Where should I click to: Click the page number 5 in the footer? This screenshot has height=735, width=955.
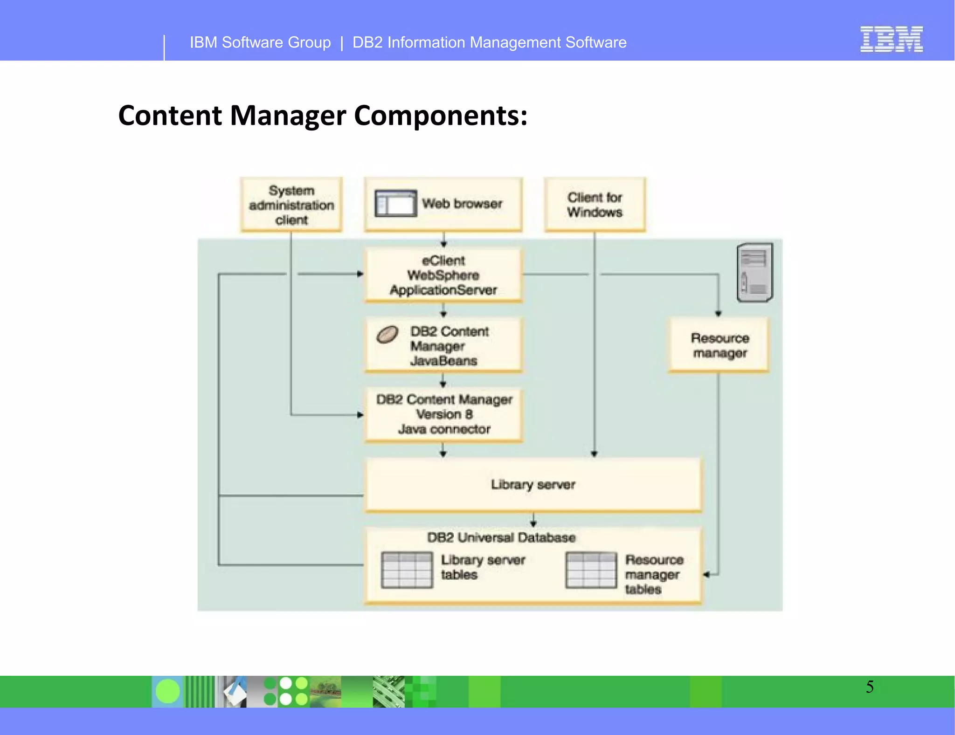pyautogui.click(x=870, y=687)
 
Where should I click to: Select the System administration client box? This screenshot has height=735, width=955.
pyautogui.click(x=291, y=205)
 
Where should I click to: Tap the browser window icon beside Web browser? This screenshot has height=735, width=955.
pyautogui.click(x=395, y=203)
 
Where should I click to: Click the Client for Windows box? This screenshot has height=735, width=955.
pyautogui.click(x=595, y=205)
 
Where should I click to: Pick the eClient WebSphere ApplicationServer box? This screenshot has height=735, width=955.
pyautogui.click(x=443, y=275)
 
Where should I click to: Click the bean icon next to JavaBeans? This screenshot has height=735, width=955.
pyautogui.click(x=387, y=334)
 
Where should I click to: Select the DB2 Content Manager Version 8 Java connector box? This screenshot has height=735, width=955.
pyautogui.click(x=443, y=414)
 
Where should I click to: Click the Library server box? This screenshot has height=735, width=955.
pyautogui.click(x=533, y=485)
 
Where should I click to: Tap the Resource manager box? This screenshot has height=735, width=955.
pyautogui.click(x=719, y=345)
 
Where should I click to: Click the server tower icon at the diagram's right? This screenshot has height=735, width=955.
pyautogui.click(x=754, y=272)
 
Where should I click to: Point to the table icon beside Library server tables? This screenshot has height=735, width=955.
pyautogui.click(x=407, y=570)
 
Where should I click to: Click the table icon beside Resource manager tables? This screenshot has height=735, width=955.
pyautogui.click(x=591, y=570)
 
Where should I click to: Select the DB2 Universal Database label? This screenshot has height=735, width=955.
pyautogui.click(x=501, y=537)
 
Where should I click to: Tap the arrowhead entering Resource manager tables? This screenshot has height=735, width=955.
pyautogui.click(x=706, y=575)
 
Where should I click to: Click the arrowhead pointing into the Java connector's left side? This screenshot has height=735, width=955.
pyautogui.click(x=360, y=414)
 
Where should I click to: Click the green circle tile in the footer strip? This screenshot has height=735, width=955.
pyautogui.click(x=167, y=691)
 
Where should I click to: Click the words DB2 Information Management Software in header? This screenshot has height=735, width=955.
pyautogui.click(x=489, y=42)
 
